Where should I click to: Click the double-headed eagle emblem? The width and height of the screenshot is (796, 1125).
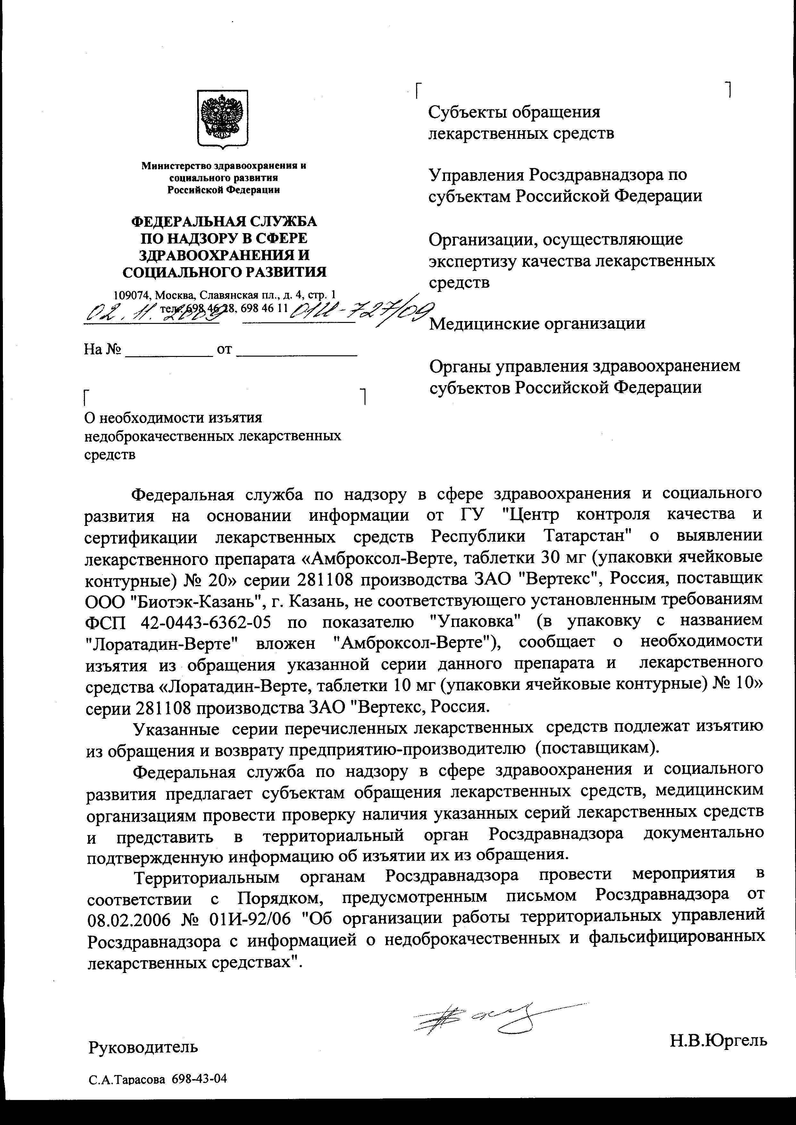click(222, 118)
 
